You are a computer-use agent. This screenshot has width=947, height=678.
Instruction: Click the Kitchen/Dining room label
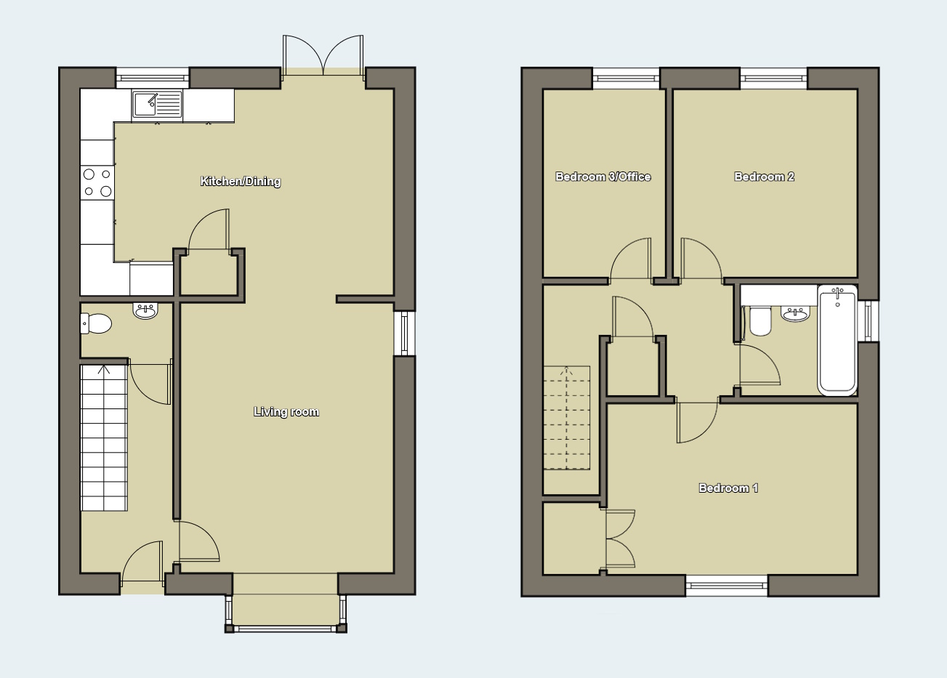[x=241, y=182]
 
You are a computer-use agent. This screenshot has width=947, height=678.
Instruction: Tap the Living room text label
[x=286, y=412]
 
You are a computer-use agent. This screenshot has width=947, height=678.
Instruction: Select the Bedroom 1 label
[x=728, y=488]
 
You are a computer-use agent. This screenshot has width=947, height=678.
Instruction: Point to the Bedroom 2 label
[x=765, y=177]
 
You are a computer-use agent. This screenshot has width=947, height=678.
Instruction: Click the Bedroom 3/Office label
[x=603, y=177]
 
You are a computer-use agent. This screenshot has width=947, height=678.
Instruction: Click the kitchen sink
[x=157, y=104]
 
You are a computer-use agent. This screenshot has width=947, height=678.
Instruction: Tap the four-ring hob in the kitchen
[x=97, y=182]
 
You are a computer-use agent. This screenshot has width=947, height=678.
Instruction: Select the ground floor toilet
[x=96, y=323]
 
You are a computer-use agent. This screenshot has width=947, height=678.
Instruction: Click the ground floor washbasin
[x=145, y=311]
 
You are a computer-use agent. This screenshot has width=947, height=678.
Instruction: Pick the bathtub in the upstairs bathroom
[x=837, y=340]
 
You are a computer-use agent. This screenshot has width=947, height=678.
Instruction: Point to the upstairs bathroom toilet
[x=760, y=320]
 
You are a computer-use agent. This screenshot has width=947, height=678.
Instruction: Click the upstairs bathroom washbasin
[x=796, y=314]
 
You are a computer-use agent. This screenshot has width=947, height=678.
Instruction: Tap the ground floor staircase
[x=104, y=438]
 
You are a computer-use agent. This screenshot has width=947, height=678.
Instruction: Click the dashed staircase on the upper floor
[x=566, y=418]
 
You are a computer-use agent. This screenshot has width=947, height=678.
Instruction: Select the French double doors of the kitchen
[x=323, y=56]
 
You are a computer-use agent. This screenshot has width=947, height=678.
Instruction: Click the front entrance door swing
[x=142, y=563]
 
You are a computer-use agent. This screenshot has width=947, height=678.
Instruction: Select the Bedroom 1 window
[x=727, y=586]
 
